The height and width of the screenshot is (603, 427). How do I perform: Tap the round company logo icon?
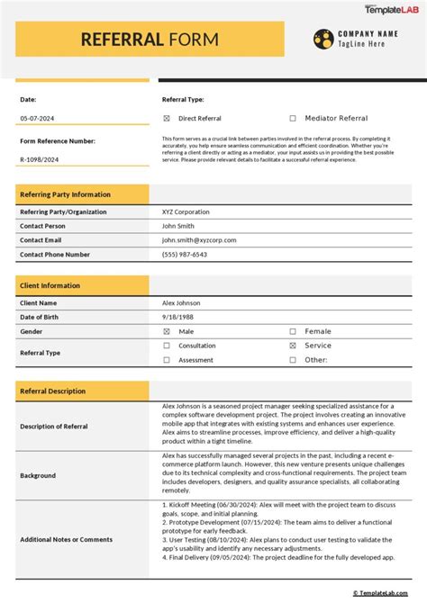(323, 39)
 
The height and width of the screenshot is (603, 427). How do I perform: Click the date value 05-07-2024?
(37, 119)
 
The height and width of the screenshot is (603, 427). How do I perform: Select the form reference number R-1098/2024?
(41, 159)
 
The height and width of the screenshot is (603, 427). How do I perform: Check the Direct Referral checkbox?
(167, 118)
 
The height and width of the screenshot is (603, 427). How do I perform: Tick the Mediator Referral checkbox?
(293, 118)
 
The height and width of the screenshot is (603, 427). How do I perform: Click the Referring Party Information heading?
(66, 194)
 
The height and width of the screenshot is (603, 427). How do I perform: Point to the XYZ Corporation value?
(186, 212)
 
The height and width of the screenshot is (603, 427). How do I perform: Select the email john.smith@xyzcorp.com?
(197, 240)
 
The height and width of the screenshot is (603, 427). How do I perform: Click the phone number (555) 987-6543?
(185, 255)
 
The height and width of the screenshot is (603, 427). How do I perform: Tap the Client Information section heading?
(50, 285)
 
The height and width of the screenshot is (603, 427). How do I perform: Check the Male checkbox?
(167, 331)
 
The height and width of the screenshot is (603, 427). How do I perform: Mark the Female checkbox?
(293, 331)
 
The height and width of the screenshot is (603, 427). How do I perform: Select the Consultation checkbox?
(167, 346)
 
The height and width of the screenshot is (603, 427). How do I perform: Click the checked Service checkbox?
(293, 346)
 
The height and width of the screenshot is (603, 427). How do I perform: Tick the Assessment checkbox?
(167, 360)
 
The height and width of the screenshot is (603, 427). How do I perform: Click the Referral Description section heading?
(53, 391)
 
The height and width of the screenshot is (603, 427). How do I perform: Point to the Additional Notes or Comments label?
(67, 539)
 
